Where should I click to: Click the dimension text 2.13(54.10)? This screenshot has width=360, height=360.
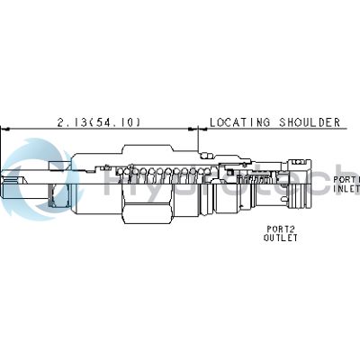click(99, 121)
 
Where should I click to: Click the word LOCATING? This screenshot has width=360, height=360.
click(238, 121)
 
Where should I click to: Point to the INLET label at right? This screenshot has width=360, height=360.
click(347, 189)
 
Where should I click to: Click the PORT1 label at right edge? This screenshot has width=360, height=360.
click(347, 179)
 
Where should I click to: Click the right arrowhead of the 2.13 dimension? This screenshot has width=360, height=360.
click(195, 129)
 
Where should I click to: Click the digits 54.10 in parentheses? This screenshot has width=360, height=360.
click(121, 121)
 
